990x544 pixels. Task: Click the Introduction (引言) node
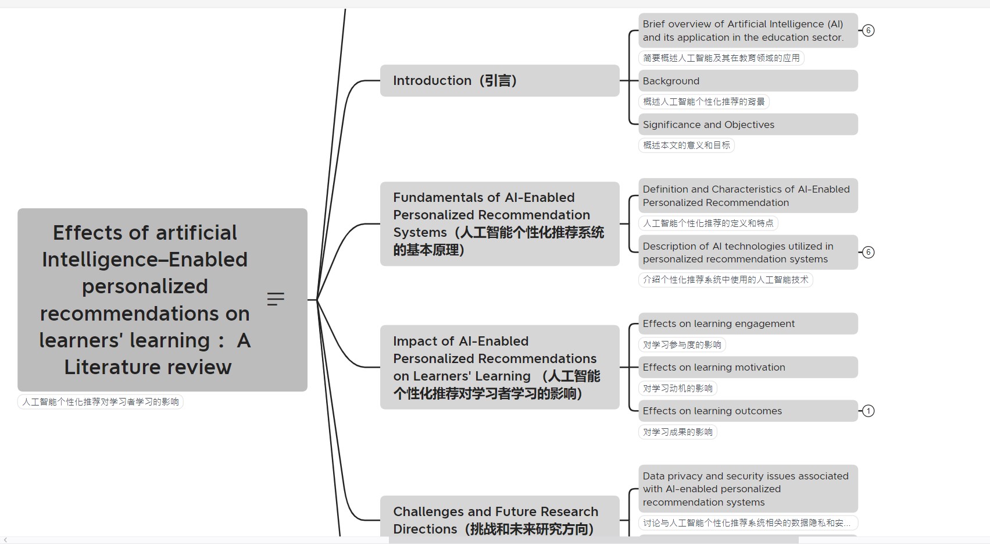tap(499, 80)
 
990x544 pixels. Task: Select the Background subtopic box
tap(748, 81)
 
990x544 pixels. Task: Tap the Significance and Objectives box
tap(748, 125)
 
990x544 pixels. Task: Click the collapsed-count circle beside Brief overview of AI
tap(868, 30)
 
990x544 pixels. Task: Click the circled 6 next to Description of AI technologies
tap(868, 252)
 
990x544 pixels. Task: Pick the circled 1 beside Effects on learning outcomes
tap(868, 411)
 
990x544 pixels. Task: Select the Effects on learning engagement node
tap(748, 323)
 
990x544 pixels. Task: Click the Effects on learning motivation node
tap(748, 367)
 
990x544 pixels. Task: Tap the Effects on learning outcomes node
tap(748, 411)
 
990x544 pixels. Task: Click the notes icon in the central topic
tap(276, 299)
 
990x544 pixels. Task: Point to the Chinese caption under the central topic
tap(101, 401)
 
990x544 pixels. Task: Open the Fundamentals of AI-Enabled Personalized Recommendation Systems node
tap(499, 224)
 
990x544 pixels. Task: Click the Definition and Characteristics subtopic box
tap(748, 195)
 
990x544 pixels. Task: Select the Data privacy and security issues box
tap(748, 489)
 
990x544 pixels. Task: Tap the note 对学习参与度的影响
tap(682, 344)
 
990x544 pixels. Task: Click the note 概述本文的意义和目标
tap(687, 145)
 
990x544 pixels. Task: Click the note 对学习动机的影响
tap(677, 388)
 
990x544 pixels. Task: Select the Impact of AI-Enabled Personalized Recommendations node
tap(499, 367)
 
